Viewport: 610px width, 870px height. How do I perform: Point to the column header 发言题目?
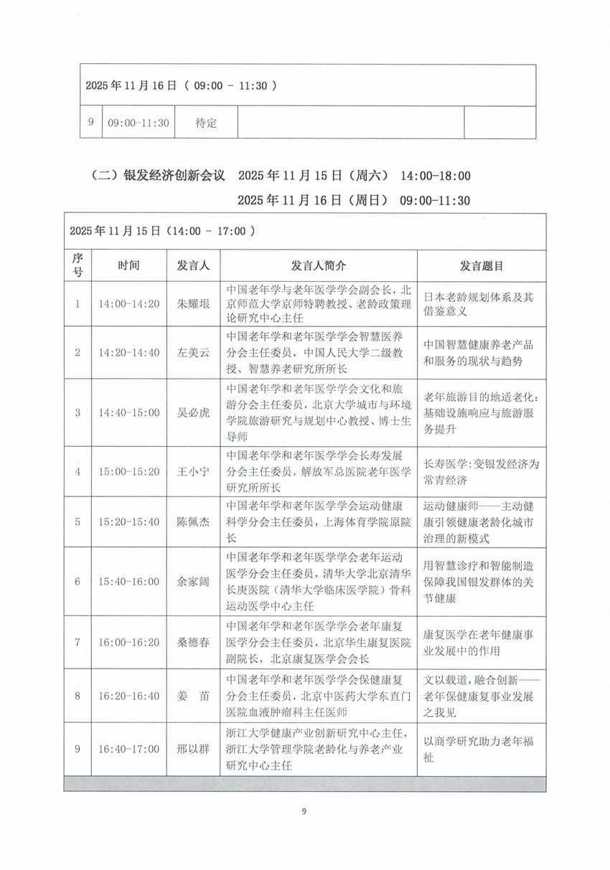point(481,265)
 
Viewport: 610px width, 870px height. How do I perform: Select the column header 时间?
point(129,265)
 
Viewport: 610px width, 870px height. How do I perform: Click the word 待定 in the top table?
point(206,123)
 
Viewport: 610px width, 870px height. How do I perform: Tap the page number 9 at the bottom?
point(304,811)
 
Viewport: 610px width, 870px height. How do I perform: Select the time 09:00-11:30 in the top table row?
point(139,123)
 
